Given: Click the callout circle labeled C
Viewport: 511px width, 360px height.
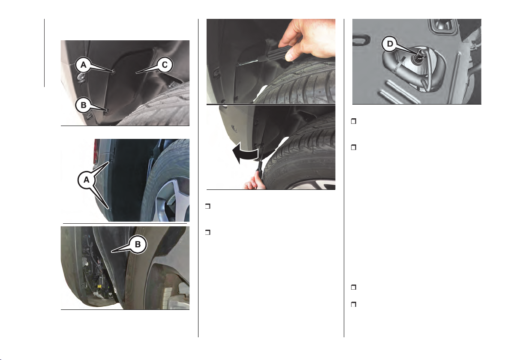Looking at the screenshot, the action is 165,65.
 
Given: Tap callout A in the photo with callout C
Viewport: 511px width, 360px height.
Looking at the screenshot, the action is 84,65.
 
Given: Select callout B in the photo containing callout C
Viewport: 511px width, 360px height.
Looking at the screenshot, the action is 84,105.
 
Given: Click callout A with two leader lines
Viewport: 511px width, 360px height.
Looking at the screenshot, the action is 86,180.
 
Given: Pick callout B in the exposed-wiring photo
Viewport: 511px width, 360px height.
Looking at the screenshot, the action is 138,244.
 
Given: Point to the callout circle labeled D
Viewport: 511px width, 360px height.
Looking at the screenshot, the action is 390,44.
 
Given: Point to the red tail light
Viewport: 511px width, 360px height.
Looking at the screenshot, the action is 96,151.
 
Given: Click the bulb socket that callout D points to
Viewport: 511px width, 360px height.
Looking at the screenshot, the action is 417,57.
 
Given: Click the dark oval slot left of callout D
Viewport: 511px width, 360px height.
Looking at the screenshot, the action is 361,40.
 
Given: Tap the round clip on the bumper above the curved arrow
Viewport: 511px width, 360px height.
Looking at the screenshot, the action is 233,127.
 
